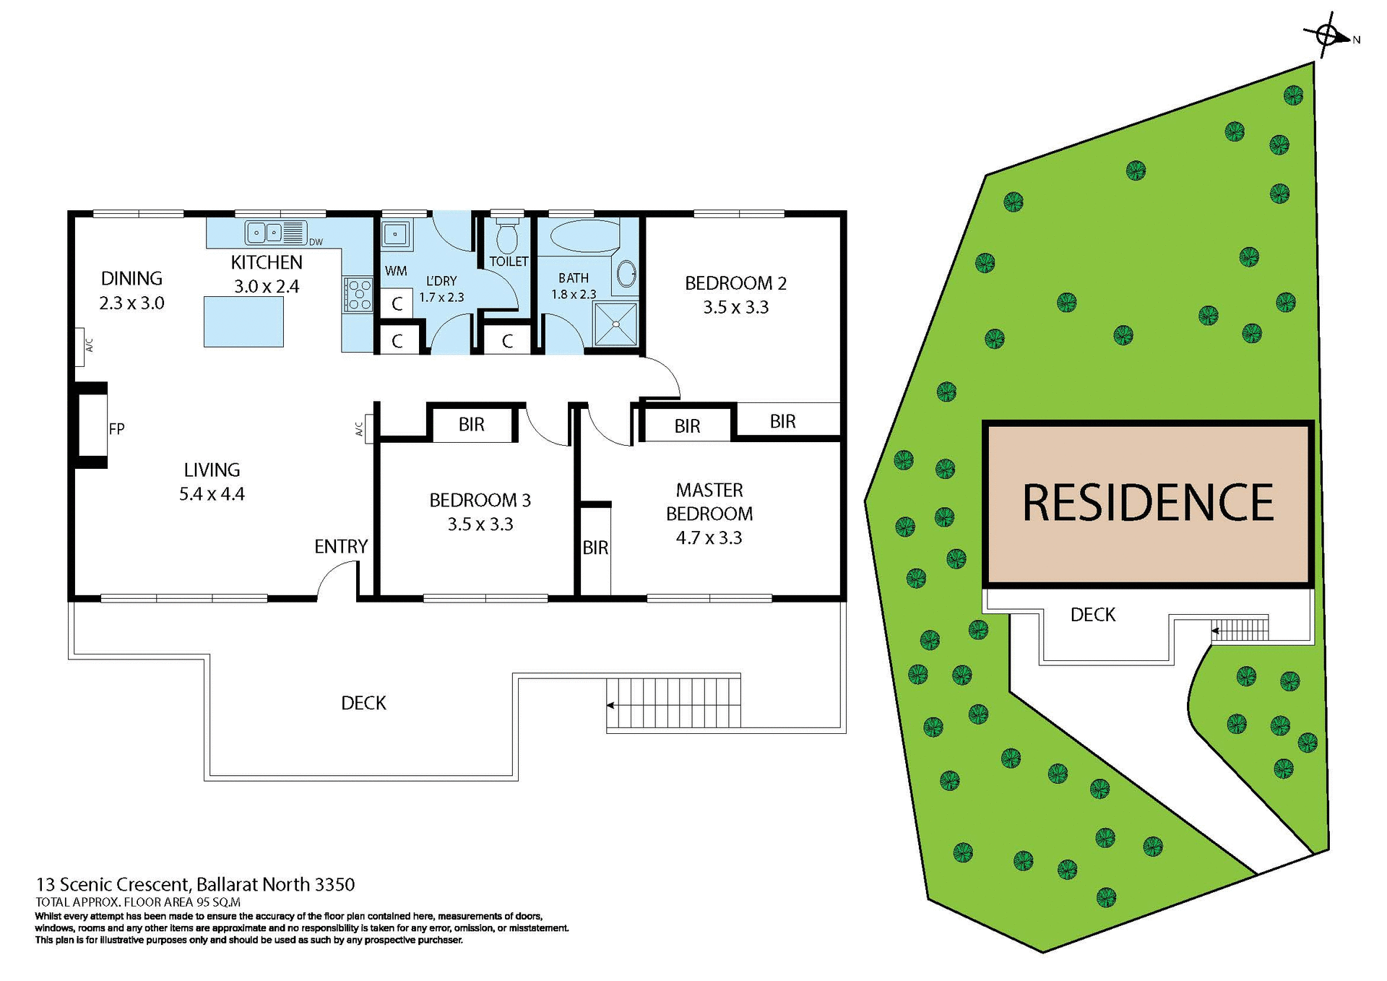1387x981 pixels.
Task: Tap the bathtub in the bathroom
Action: [x=585, y=235]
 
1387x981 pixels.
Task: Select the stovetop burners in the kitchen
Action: [x=358, y=295]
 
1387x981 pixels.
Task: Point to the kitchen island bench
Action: [x=243, y=321]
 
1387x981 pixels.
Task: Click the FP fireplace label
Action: [x=116, y=429]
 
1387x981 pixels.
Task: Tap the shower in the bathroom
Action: [x=615, y=324]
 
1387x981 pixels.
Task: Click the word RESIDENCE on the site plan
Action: [x=1147, y=503]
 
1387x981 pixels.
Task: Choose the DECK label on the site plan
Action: [x=1092, y=615]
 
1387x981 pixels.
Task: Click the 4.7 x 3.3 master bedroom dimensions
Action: [x=709, y=538]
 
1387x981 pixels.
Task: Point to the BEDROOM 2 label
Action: [x=735, y=283]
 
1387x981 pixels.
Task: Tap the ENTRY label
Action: [x=341, y=547]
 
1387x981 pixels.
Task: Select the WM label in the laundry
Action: [x=395, y=271]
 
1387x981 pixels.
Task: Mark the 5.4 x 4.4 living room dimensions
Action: [x=212, y=494]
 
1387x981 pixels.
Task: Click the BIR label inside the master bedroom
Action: [x=595, y=548]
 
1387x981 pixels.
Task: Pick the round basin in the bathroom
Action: [x=626, y=274]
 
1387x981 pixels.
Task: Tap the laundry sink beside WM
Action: [x=396, y=234]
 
